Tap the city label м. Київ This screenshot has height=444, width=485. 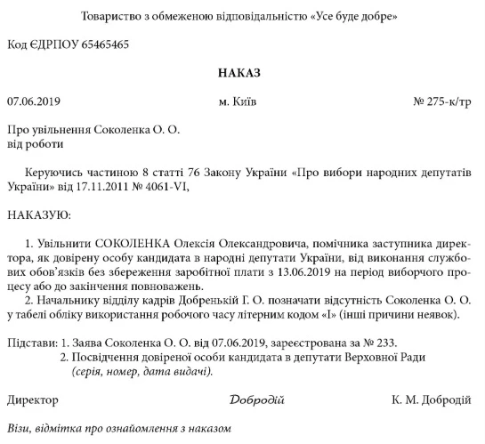238,102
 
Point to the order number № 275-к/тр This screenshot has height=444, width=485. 442,102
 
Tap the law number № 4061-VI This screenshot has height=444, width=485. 161,187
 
